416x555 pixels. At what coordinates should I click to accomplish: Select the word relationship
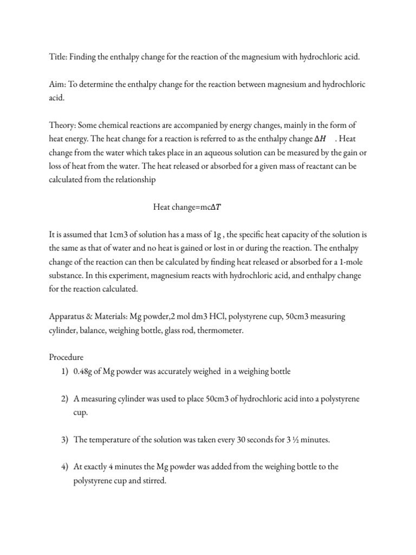click(133, 181)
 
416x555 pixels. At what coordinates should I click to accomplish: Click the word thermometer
click(219, 330)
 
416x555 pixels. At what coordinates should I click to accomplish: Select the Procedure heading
click(67, 358)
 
